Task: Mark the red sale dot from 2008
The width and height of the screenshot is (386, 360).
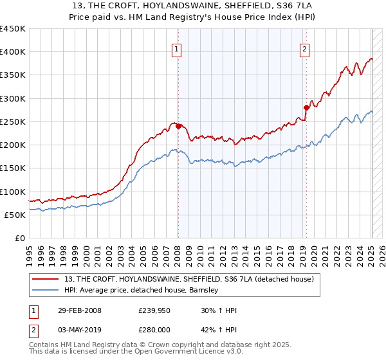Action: (178, 127)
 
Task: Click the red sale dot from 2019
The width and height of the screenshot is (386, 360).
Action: (306, 108)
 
